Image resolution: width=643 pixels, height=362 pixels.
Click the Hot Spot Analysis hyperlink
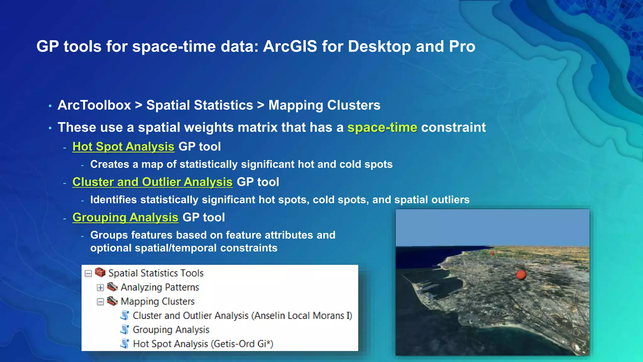point(123,147)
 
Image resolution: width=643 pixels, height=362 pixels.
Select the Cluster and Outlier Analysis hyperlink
point(152,182)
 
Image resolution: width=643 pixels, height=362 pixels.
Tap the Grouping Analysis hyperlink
point(125,217)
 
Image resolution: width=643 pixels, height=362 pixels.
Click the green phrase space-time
point(382,128)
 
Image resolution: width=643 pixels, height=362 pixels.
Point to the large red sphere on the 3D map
point(521,275)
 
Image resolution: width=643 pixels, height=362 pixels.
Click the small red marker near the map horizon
point(492,253)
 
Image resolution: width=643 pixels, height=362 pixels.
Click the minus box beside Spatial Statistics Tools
point(88,273)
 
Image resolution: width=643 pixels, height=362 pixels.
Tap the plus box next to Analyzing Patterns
point(100,288)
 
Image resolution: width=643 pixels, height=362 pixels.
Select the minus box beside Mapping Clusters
point(100,302)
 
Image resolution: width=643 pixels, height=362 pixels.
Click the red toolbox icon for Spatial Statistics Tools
point(100,272)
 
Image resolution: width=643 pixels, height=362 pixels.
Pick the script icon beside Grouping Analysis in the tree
point(125,329)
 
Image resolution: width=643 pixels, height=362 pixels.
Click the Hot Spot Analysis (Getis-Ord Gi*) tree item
point(203,344)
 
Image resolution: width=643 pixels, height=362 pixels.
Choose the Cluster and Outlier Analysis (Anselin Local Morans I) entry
point(242,315)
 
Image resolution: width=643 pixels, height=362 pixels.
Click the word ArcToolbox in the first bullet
point(94,105)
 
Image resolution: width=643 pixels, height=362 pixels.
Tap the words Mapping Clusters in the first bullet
point(324,105)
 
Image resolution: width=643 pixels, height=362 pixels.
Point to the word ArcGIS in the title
point(290,47)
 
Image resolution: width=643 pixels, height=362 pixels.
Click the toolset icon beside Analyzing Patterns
point(112,287)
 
